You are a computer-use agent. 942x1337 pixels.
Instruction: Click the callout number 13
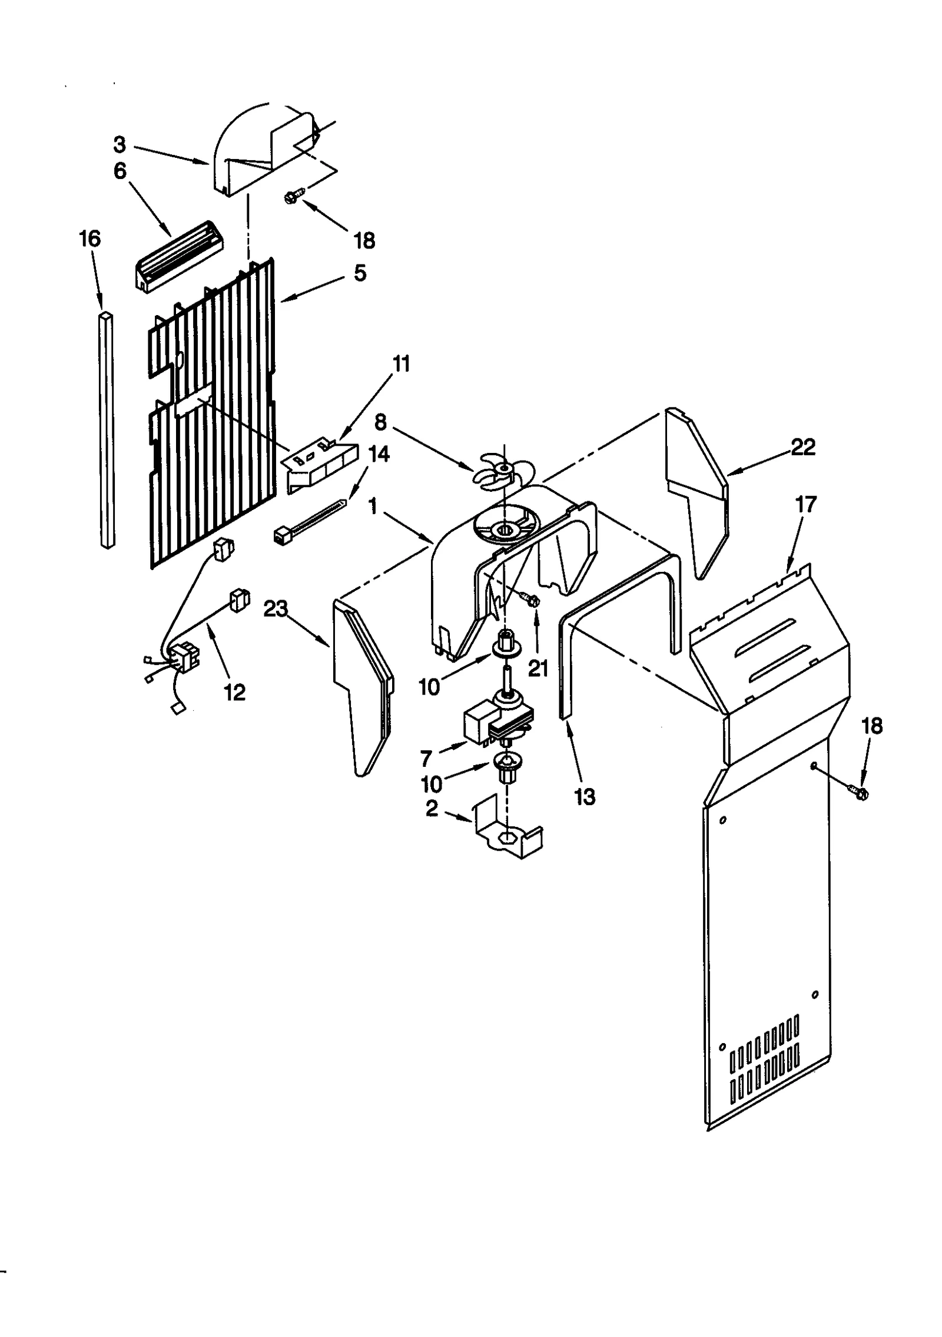pyautogui.click(x=585, y=797)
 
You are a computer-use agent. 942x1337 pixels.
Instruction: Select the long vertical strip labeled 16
pyautogui.click(x=107, y=430)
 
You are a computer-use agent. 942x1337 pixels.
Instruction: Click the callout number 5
pyautogui.click(x=360, y=273)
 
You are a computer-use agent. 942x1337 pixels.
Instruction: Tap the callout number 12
pyautogui.click(x=234, y=693)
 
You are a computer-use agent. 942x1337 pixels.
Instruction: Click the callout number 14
pyautogui.click(x=379, y=454)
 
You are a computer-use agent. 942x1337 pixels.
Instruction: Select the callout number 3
pyautogui.click(x=120, y=144)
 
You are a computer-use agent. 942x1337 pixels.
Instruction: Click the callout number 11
pyautogui.click(x=401, y=364)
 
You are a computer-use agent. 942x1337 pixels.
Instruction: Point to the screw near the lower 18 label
pyautogui.click(x=858, y=792)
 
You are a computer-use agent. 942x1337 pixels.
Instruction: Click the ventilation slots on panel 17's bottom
pyautogui.click(x=764, y=1067)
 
